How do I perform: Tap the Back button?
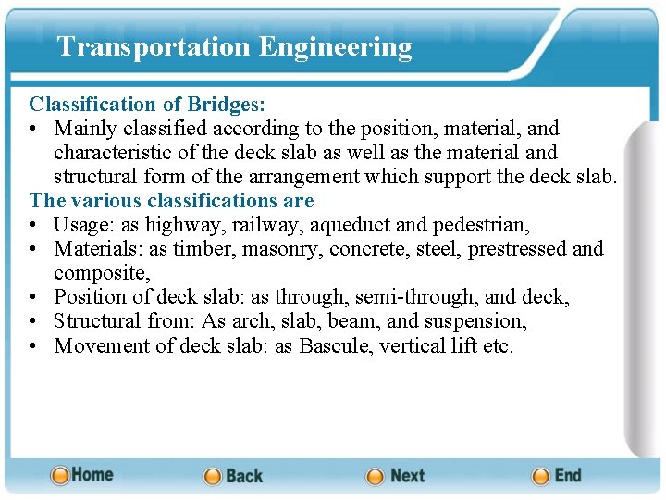[234, 476]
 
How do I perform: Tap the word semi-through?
[419, 296]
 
